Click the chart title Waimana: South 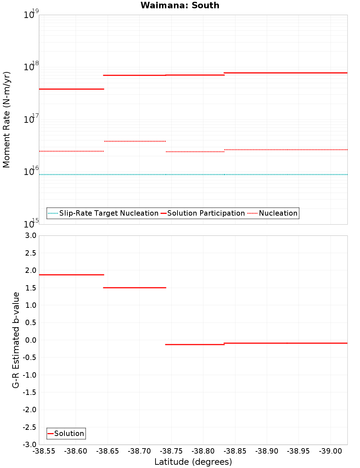pyautogui.click(x=180, y=5)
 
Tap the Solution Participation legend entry pyautogui.click(x=203, y=213)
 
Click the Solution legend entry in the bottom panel pyautogui.click(x=66, y=433)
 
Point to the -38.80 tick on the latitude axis pyautogui.click(x=203, y=451)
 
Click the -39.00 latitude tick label pyautogui.click(x=330, y=451)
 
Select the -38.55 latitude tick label pyautogui.click(x=44, y=451)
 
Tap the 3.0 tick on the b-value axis pyautogui.click(x=30, y=235)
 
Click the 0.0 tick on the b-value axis pyautogui.click(x=30, y=340)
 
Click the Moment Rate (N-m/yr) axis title pyautogui.click(x=6, y=120)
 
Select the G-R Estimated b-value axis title pyautogui.click(x=16, y=340)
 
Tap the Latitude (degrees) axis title pyautogui.click(x=193, y=462)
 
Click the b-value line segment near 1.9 pyautogui.click(x=71, y=275)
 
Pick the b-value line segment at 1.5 pyautogui.click(x=135, y=288)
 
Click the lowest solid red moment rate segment pyautogui.click(x=71, y=89)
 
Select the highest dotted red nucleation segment pyautogui.click(x=135, y=141)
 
